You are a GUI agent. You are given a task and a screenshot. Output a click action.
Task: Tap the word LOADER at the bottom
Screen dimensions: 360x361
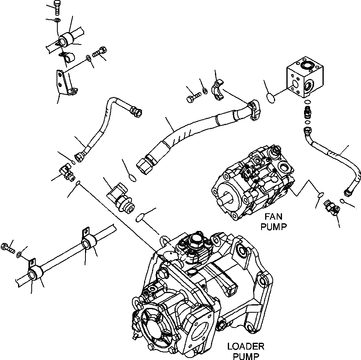pos(245,346)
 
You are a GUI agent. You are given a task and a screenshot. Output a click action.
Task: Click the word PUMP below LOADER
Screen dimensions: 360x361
pos(245,355)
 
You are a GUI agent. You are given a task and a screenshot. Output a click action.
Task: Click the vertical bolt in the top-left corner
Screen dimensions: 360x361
pos(56,8)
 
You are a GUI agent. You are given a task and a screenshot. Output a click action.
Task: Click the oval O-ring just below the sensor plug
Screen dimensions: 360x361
pos(140,218)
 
